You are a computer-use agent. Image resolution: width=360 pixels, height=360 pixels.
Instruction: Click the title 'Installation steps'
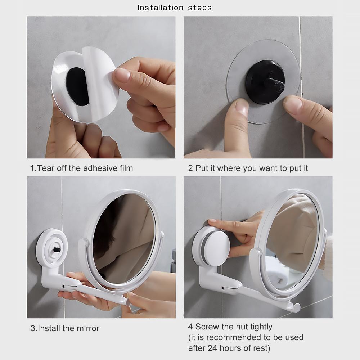click(x=175, y=8)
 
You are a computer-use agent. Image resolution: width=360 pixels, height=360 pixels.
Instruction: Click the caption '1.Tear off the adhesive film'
click(x=81, y=168)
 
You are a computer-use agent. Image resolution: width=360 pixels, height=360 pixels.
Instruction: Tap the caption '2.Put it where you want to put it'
click(x=248, y=168)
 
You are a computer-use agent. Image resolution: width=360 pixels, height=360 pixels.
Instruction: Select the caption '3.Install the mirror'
click(x=65, y=328)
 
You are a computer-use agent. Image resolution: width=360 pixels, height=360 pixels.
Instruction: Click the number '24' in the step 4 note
click(x=212, y=348)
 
